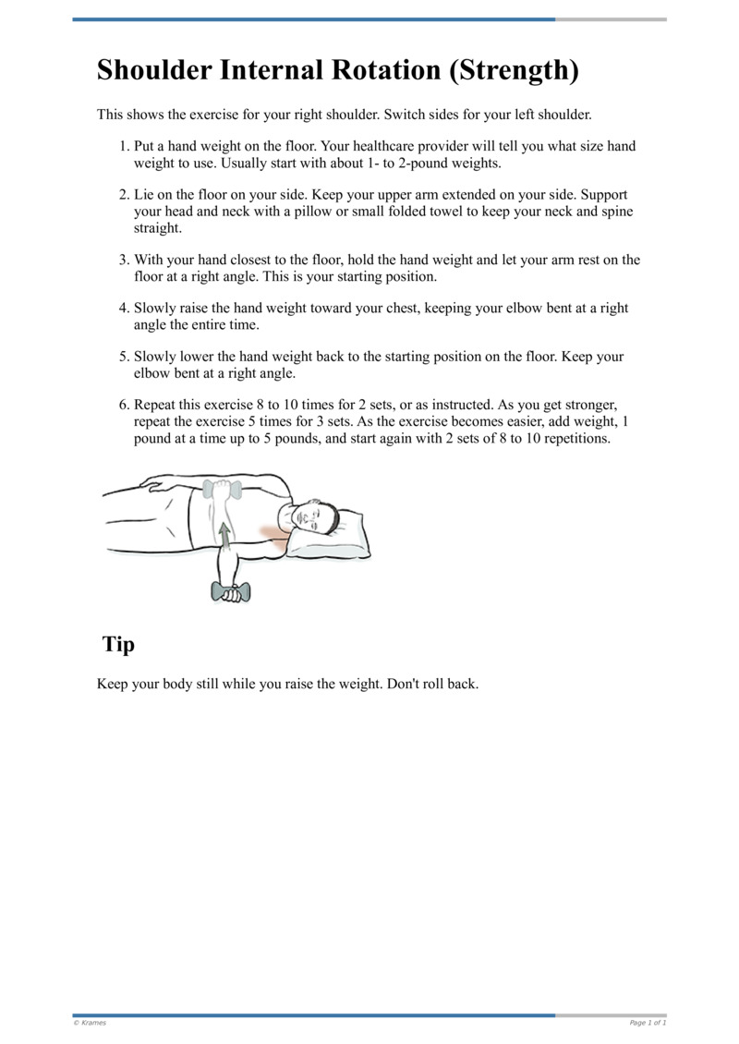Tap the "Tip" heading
click(x=118, y=644)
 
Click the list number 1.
click(x=124, y=147)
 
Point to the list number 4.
click(x=124, y=309)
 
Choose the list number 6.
click(x=124, y=406)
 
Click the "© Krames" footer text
click(x=90, y=1023)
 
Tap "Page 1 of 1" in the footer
click(x=648, y=1023)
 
